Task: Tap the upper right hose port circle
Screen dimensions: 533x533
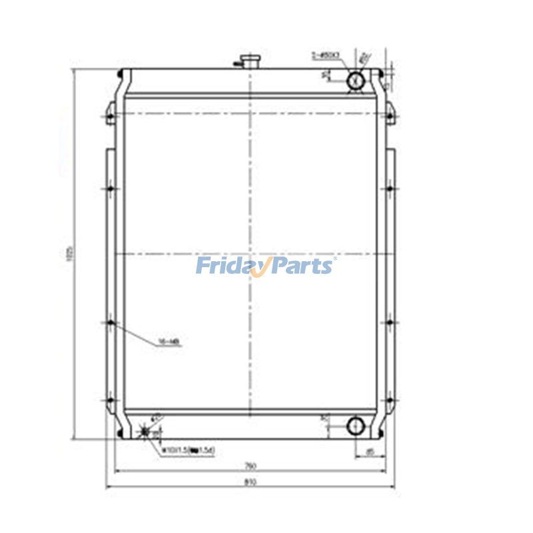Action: click(356, 81)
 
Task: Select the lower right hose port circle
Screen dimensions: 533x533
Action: click(356, 424)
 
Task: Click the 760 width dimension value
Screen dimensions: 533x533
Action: click(249, 465)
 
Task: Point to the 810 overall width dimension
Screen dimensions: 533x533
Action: click(249, 482)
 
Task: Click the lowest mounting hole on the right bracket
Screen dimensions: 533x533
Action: click(389, 400)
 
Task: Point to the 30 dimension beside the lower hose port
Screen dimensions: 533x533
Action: click(323, 418)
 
